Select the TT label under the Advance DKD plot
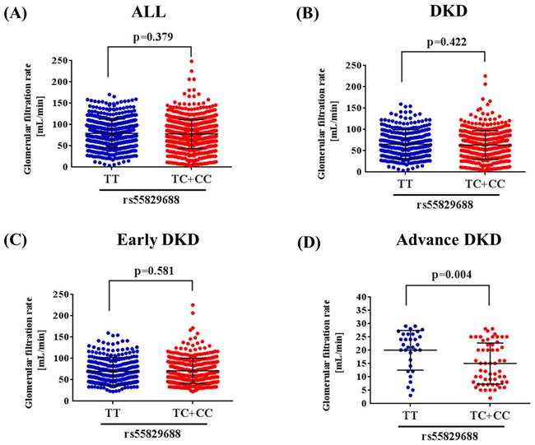coord(407,416)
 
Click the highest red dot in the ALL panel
coord(193,61)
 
